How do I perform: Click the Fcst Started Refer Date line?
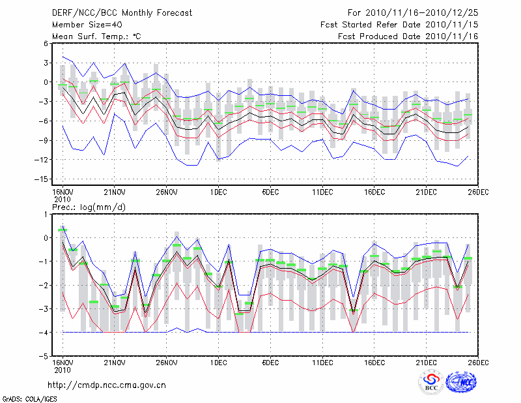(399, 24)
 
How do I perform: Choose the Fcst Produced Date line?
(408, 36)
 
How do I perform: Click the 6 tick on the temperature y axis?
(46, 44)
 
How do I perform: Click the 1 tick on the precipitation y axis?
(46, 215)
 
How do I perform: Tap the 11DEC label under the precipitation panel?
(322, 362)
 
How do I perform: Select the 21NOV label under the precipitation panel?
(114, 362)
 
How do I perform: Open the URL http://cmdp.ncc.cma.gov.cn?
(107, 385)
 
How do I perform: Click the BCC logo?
(431, 383)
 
